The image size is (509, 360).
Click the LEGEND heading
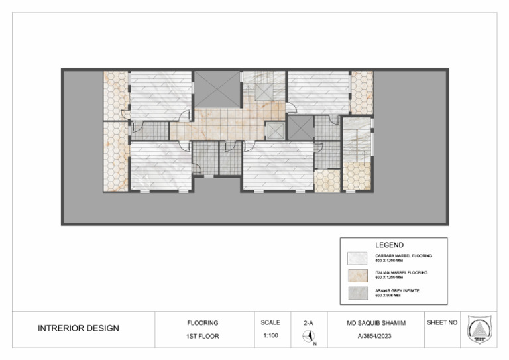tap(389, 245)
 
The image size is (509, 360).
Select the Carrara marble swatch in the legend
tap(357, 257)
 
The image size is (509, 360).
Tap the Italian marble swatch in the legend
tap(357, 275)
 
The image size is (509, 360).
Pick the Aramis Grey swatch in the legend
tap(357, 293)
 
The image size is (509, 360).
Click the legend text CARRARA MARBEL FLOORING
tap(403, 255)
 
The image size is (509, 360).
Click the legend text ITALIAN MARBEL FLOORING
tap(402, 272)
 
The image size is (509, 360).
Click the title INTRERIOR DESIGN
tap(78, 328)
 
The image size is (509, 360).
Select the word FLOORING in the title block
tap(203, 323)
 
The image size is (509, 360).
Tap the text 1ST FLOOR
tap(203, 336)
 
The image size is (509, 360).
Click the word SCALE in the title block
tap(270, 323)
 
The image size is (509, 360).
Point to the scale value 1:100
tap(270, 336)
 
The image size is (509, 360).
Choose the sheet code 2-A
tap(308, 323)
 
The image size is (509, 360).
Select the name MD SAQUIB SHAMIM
tap(374, 323)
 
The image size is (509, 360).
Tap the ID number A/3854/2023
tap(374, 336)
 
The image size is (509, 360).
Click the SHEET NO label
tap(442, 323)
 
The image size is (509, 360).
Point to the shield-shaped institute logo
tap(479, 329)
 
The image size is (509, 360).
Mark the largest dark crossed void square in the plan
tap(217, 89)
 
